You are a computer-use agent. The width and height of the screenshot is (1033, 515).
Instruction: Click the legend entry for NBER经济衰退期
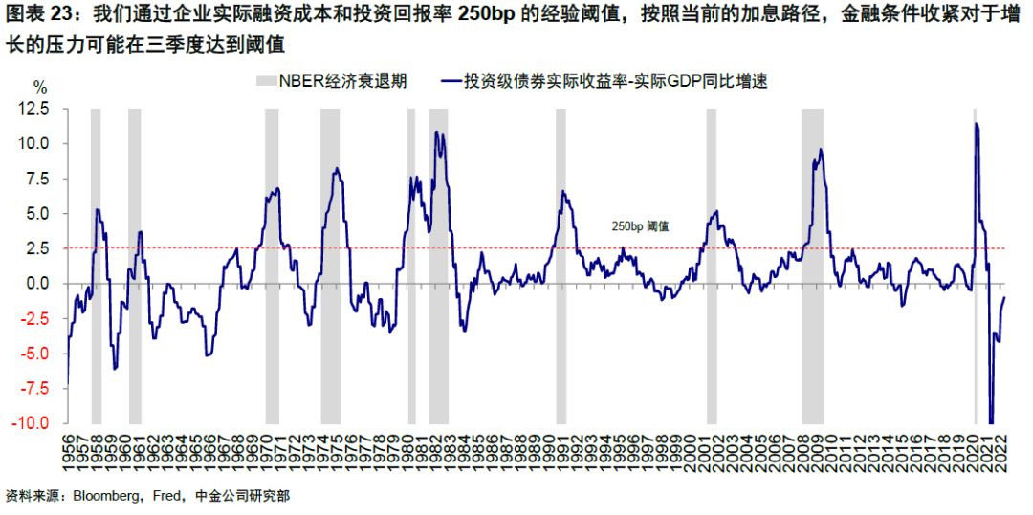(331, 81)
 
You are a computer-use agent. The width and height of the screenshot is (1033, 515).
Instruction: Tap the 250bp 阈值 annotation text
(640, 226)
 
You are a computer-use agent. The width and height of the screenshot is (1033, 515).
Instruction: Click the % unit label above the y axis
(40, 87)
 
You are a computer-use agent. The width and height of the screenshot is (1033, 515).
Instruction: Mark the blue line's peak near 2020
(977, 124)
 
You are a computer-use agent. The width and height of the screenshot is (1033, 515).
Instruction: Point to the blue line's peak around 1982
(437, 133)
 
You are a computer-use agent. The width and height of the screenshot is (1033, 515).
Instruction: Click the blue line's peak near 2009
(821, 150)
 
